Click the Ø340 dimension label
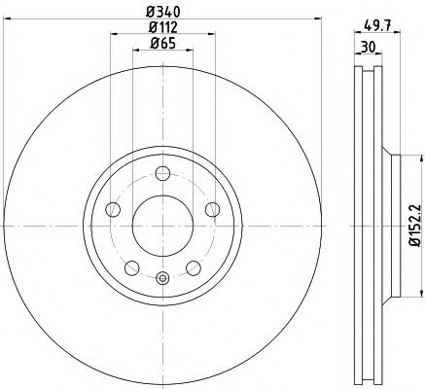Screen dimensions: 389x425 coord(161,12)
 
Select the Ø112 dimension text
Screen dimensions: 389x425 coord(161,27)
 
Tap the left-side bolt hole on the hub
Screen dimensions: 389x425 coord(113,210)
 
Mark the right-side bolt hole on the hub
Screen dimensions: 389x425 coord(210,205)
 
